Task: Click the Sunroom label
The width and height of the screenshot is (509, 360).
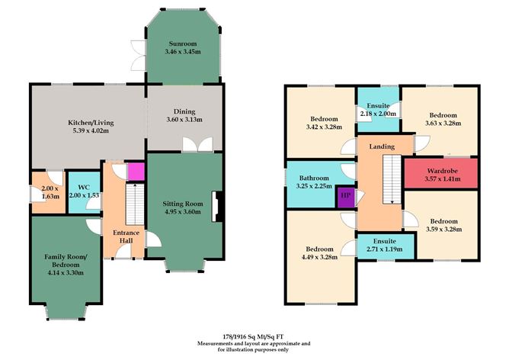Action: tap(183, 44)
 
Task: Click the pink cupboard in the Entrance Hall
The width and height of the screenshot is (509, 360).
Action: tap(136, 171)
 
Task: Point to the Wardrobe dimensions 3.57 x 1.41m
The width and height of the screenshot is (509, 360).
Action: tap(442, 179)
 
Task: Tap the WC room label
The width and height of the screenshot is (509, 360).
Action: tap(84, 188)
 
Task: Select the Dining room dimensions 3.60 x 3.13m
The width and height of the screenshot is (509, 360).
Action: tap(184, 120)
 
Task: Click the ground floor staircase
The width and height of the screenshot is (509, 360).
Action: tap(135, 204)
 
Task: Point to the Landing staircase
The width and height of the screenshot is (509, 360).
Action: tap(392, 179)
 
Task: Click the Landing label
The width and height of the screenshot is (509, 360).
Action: tap(382, 146)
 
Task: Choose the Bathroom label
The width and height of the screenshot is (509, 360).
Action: tap(314, 178)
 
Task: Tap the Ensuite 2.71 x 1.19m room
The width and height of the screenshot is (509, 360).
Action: tap(386, 246)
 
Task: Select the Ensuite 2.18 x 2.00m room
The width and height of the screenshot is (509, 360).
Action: tap(378, 110)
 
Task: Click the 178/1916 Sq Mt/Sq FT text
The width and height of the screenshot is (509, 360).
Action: tap(254, 337)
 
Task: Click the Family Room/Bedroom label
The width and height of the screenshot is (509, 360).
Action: tap(66, 261)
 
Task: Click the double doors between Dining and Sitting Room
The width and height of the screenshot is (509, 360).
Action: tap(197, 144)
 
